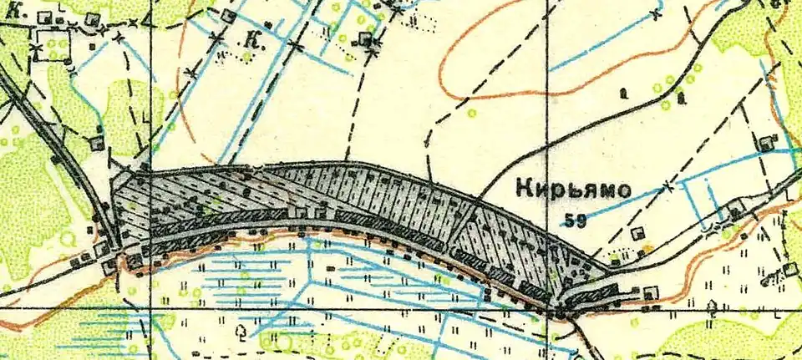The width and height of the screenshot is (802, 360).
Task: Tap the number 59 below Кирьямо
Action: click(x=575, y=221)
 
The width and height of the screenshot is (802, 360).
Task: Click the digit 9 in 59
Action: click(x=581, y=221)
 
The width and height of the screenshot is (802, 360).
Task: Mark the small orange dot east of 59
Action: click(x=645, y=248)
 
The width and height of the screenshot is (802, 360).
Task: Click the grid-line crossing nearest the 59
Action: click(x=547, y=308)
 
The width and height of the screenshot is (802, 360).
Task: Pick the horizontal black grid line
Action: click(x=334, y=308)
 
